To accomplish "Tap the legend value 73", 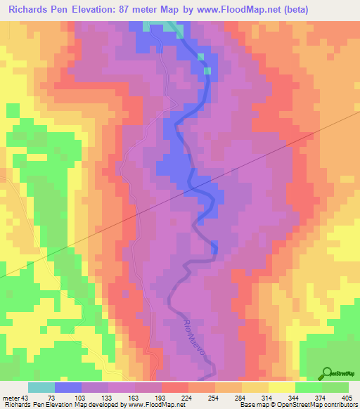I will click(x=51, y=398).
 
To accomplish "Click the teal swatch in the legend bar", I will click(x=41, y=387).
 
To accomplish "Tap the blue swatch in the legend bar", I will click(x=68, y=387).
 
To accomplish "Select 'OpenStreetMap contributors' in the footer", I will click(x=318, y=405).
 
